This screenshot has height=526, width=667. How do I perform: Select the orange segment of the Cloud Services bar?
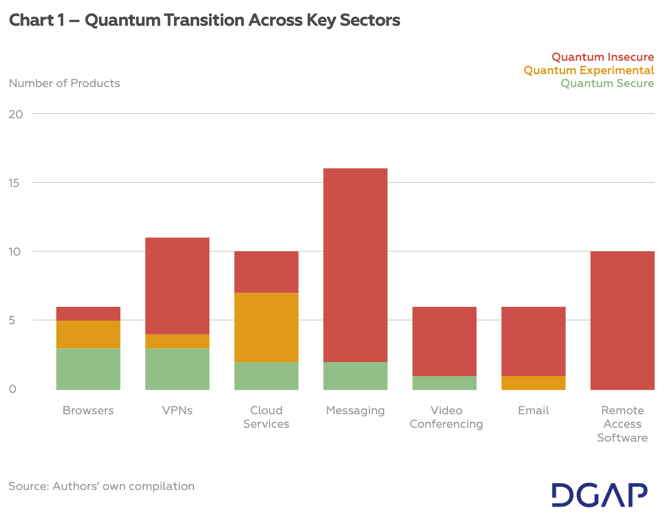pyautogui.click(x=266, y=327)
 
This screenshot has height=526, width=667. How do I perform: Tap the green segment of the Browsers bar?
pyautogui.click(x=88, y=369)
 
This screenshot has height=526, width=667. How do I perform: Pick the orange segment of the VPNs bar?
pyautogui.click(x=177, y=341)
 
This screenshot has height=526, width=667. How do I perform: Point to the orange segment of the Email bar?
pyautogui.click(x=533, y=383)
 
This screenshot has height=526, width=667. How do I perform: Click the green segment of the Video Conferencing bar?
pyautogui.click(x=444, y=383)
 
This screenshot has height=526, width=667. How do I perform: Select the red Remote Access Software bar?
pyautogui.click(x=622, y=320)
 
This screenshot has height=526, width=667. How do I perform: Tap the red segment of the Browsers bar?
pyautogui.click(x=88, y=314)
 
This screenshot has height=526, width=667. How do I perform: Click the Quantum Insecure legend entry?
pyautogui.click(x=603, y=57)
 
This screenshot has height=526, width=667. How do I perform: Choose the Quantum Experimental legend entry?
pyautogui.click(x=589, y=70)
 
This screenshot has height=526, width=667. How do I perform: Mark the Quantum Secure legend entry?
pyautogui.click(x=607, y=83)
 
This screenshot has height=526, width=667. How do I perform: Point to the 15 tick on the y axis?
pyautogui.click(x=15, y=183)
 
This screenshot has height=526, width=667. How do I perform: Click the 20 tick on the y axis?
pyautogui.click(x=16, y=114)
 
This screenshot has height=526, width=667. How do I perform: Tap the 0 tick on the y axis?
pyautogui.click(x=13, y=389)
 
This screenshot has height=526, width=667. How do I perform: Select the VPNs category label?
pyautogui.click(x=177, y=410)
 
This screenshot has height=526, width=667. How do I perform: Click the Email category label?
pyautogui.click(x=533, y=410)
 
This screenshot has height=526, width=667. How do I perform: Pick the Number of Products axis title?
pyautogui.click(x=64, y=83)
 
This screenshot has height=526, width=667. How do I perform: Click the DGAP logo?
pyautogui.click(x=599, y=495)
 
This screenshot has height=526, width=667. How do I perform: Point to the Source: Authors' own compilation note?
pyautogui.click(x=102, y=486)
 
